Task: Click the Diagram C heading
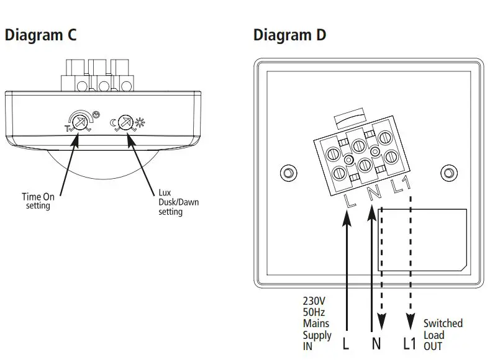point(40,35)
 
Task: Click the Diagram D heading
point(289,35)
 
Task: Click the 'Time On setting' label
point(38,201)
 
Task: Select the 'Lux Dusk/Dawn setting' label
point(170,202)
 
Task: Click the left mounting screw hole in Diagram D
point(288,172)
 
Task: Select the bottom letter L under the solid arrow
point(346,342)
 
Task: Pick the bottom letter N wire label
point(376,342)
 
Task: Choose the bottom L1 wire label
point(409,342)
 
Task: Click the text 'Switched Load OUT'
point(443,335)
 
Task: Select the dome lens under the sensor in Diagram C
point(102,163)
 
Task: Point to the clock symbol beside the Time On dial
point(94,114)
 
